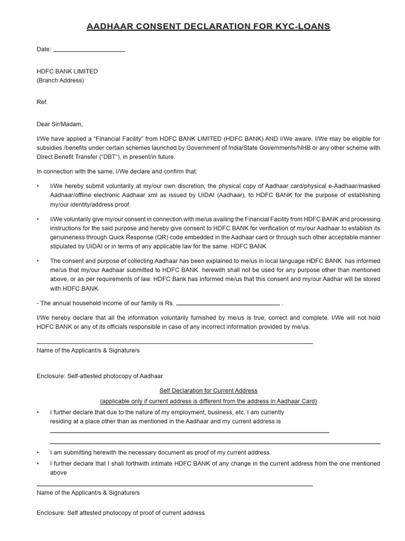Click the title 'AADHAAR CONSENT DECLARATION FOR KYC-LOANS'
click(208, 26)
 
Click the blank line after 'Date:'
click(89, 51)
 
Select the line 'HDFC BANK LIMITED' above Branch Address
click(67, 71)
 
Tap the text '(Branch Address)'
click(60, 81)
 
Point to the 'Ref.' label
click(42, 102)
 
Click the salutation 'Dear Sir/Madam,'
click(60, 124)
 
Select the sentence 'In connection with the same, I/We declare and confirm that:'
click(117, 172)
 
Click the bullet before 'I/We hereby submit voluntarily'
click(38, 186)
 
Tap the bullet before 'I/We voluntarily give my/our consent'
click(38, 219)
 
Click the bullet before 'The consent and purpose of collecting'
click(38, 261)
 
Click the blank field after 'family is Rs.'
click(228, 304)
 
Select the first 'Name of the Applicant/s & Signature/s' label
click(88, 350)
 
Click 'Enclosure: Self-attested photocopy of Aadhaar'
click(100, 376)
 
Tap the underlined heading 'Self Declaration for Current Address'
click(208, 391)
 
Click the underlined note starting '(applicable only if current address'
click(208, 401)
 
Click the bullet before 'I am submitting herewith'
click(38, 453)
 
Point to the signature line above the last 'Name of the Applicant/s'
click(175, 486)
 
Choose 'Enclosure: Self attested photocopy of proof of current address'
click(121, 513)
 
